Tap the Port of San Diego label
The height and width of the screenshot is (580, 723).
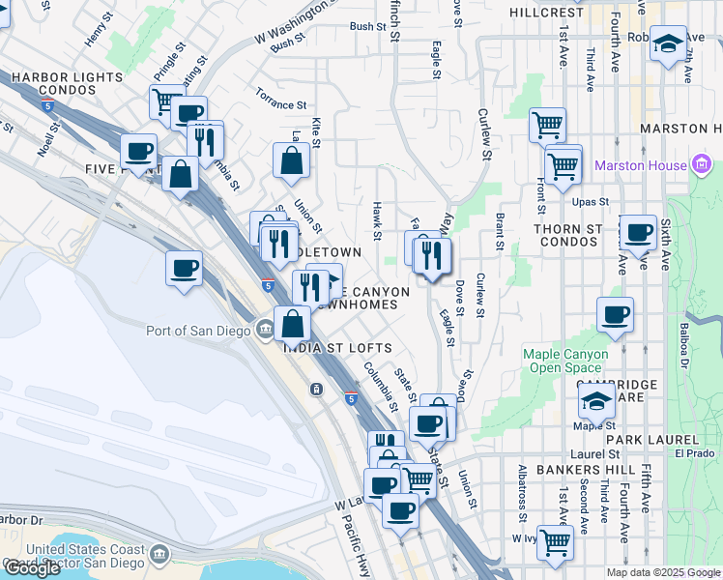[x=199, y=331]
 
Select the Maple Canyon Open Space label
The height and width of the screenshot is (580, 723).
[x=565, y=361]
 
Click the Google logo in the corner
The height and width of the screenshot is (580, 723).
[x=32, y=568]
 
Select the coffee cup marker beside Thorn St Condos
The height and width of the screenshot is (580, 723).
[x=638, y=233]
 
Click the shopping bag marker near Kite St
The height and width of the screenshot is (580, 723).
[x=291, y=160]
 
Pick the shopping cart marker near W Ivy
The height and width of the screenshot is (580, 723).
[x=555, y=542]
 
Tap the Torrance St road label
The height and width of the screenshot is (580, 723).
[x=281, y=99]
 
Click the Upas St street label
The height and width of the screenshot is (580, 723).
[x=590, y=202]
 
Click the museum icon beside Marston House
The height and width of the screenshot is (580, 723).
[x=703, y=165]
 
